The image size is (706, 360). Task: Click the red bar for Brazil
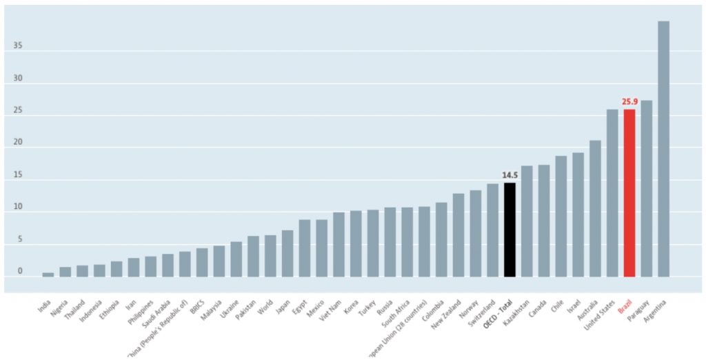pos(629,193)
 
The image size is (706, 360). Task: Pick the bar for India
pos(48,274)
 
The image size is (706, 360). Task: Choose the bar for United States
pos(612,193)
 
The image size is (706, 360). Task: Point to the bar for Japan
pos(288,254)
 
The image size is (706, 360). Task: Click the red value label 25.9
pos(629,102)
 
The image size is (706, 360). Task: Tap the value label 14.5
pos(510,176)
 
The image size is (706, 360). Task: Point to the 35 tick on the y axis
pos(17,46)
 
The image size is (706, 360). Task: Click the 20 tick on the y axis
pos(17,143)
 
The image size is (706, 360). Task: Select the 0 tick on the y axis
pos(19,271)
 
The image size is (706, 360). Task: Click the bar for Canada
pos(544,221)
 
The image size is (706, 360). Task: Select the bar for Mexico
pos(322,248)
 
